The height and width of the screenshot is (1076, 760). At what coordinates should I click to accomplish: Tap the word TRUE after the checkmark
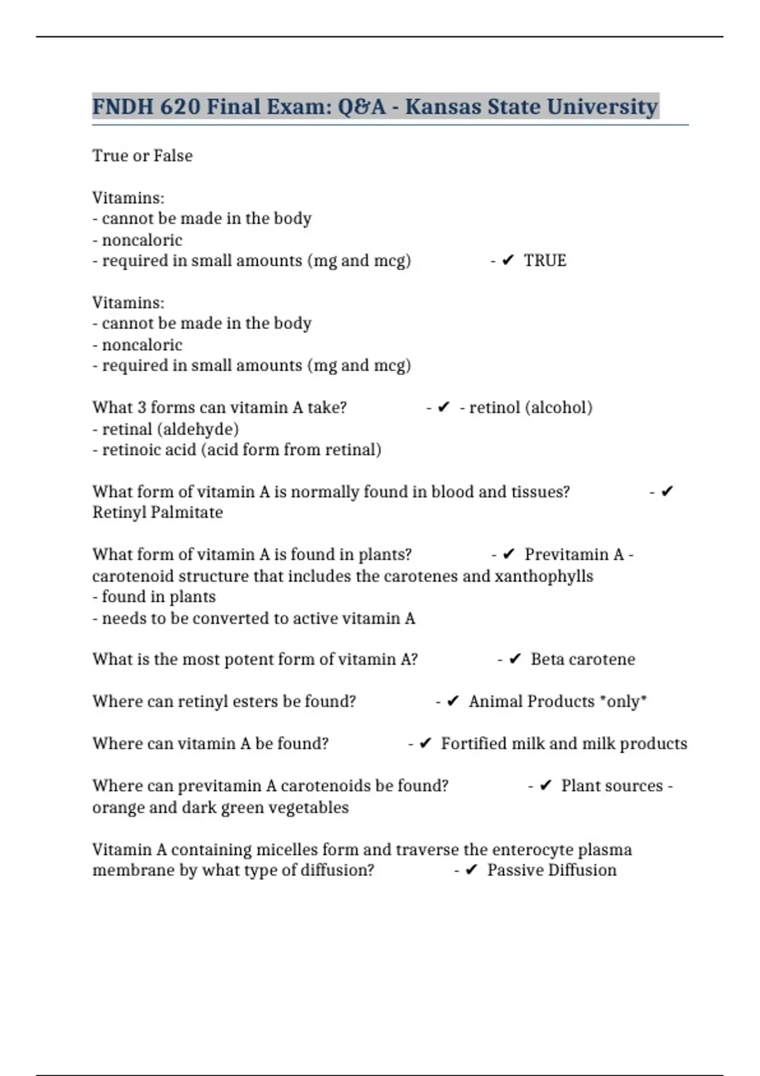545,261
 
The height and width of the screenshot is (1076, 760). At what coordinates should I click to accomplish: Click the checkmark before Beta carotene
515,660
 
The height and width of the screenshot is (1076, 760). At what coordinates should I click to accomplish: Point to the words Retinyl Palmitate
157,512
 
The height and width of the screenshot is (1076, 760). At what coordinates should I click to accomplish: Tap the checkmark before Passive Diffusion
471,870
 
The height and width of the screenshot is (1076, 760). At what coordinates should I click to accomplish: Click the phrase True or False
142,156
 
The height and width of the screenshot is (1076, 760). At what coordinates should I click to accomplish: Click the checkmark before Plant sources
545,786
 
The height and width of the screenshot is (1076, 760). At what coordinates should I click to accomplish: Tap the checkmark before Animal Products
453,701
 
